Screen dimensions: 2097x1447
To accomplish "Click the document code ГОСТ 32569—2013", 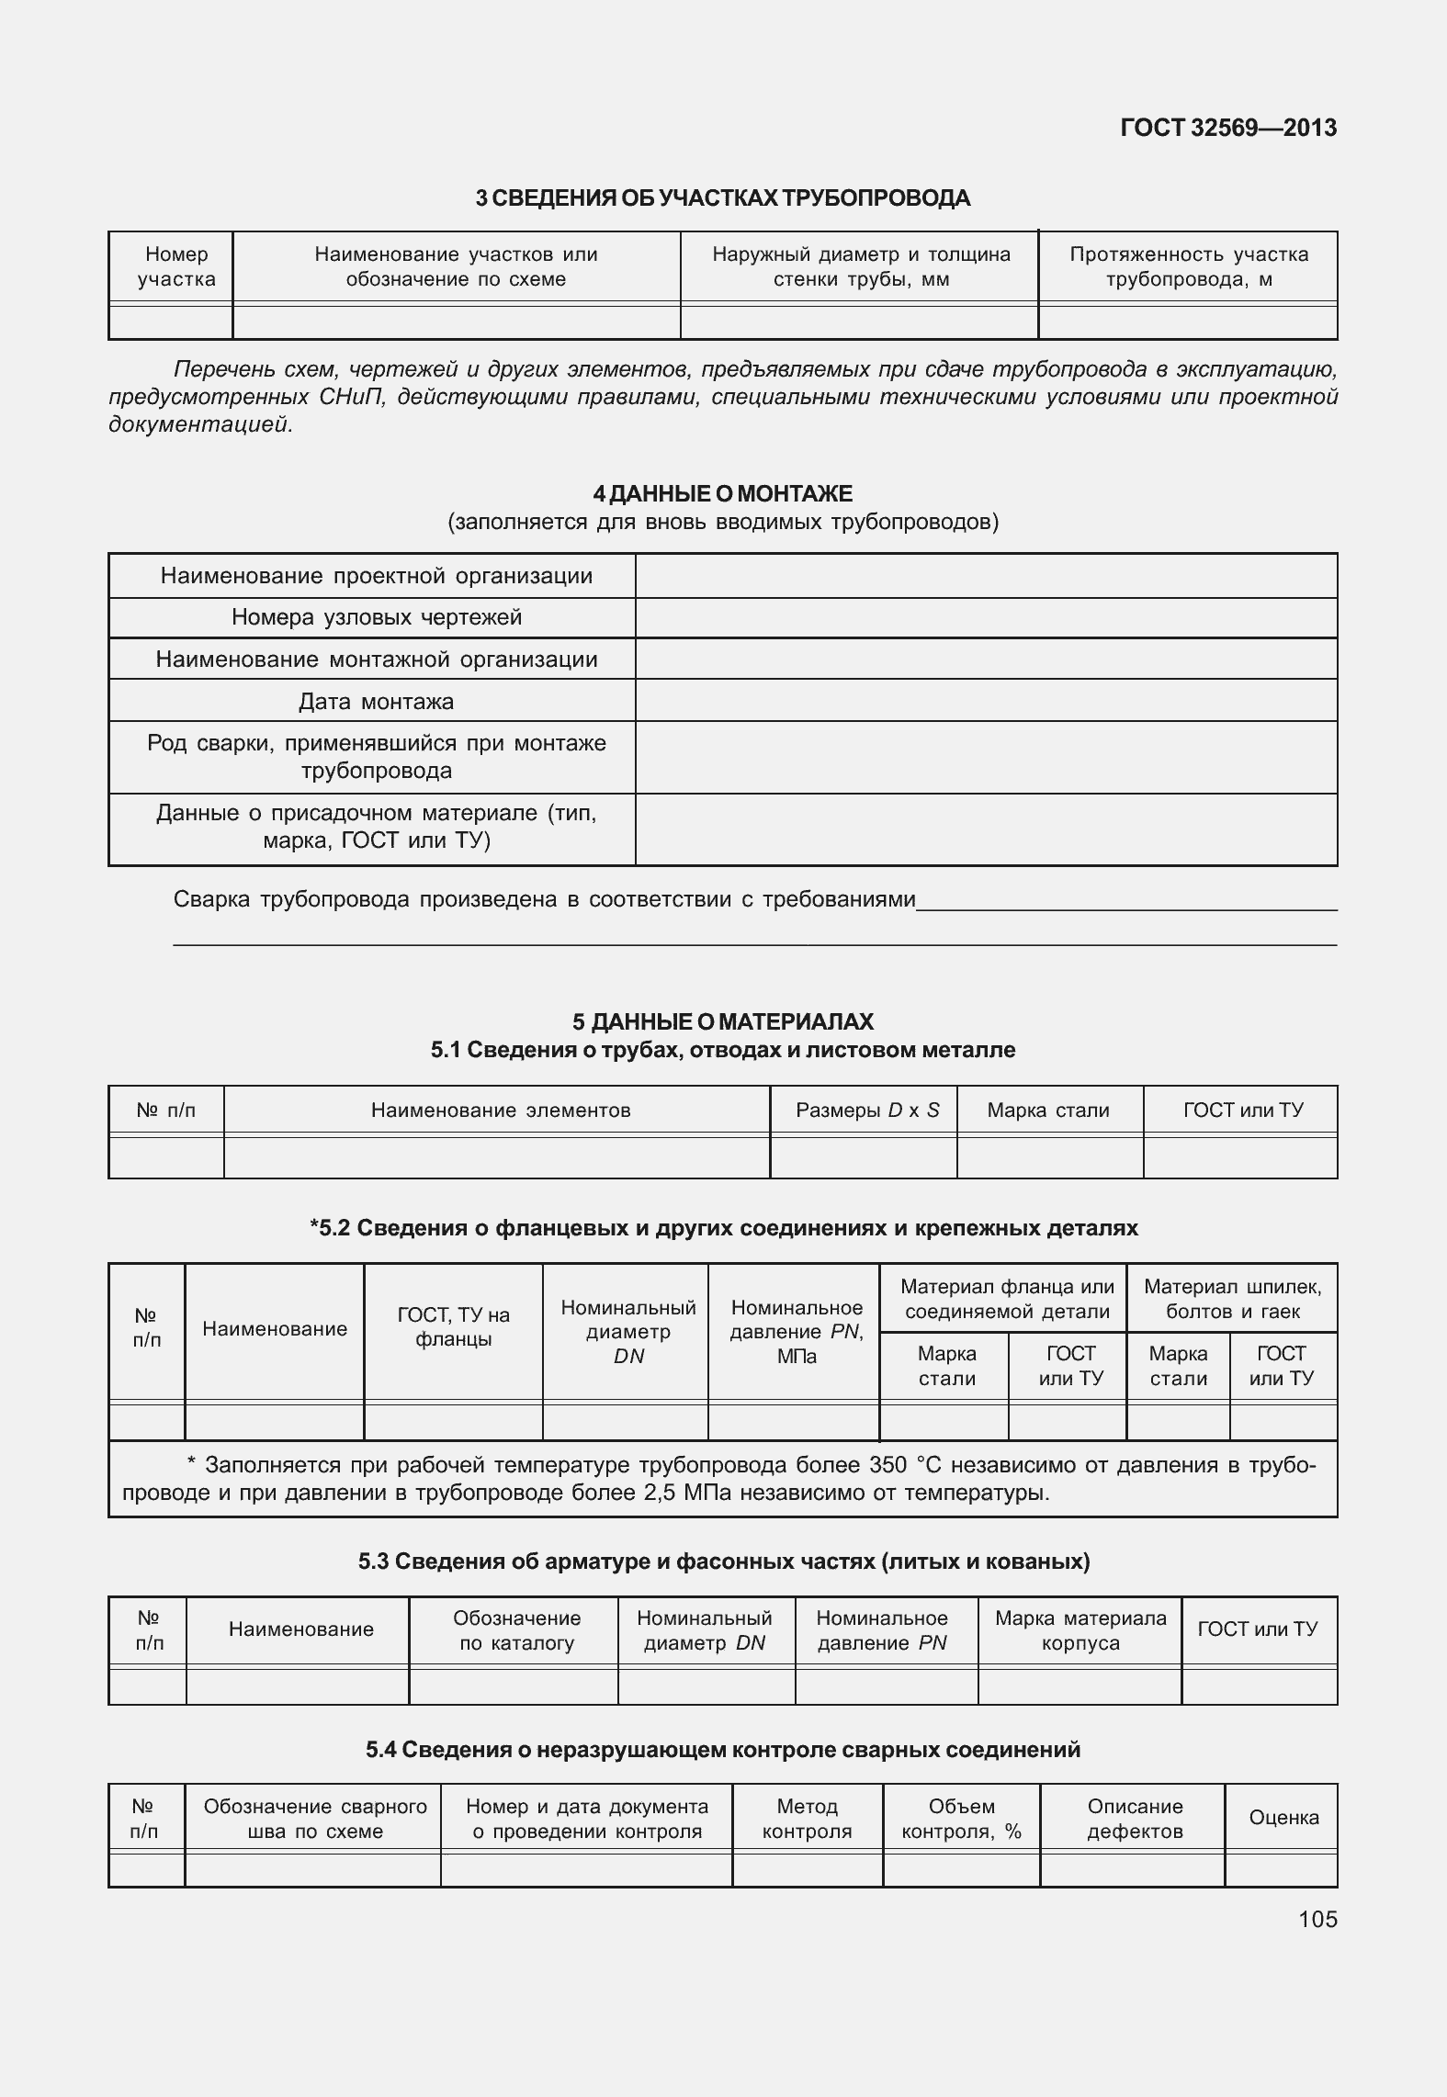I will (1227, 129).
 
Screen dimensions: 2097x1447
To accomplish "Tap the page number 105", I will (1317, 1920).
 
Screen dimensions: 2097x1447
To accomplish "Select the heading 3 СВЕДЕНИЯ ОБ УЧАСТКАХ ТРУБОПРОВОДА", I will (722, 198).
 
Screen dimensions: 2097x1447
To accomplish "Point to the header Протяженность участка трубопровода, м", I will (1188, 267).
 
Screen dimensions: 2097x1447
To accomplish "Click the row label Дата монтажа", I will (376, 702).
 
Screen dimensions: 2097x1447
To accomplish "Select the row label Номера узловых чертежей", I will (376, 617).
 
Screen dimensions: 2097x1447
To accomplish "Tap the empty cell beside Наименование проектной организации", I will (985, 577).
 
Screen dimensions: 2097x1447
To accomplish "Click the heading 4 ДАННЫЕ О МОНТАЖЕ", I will (722, 494).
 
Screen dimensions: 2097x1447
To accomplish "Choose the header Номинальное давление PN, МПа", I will (796, 1332).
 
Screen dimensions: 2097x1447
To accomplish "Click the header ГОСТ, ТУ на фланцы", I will (453, 1327).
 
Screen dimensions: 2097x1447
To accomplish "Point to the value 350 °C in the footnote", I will (910, 1465).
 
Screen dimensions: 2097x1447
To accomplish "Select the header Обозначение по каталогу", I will (516, 1630).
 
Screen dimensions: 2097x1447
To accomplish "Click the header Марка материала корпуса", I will (1080, 1630).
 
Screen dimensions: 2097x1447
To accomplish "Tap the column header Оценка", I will (1283, 1818).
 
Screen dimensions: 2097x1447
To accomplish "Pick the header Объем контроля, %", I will (961, 1819).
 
